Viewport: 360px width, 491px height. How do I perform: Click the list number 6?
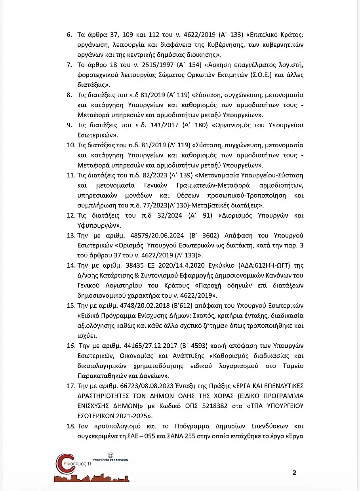coord(69,35)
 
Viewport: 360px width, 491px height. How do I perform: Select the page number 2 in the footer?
coord(294,472)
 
